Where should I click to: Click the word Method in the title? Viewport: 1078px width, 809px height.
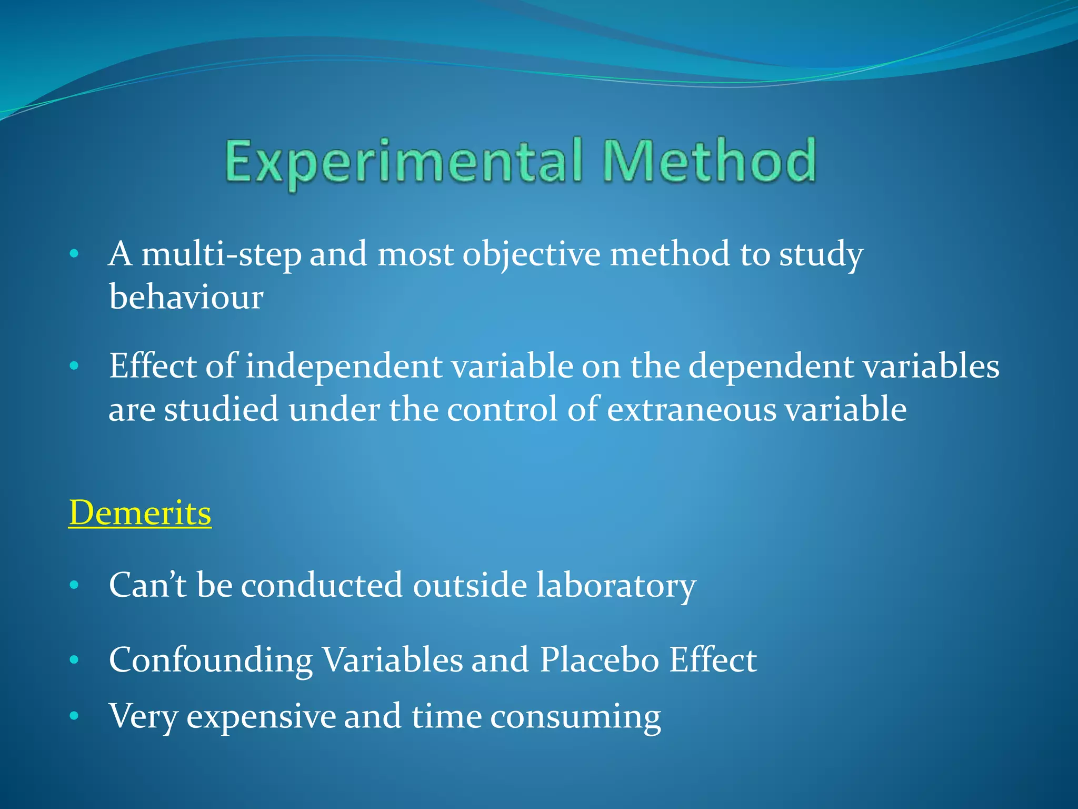pyautogui.click(x=709, y=161)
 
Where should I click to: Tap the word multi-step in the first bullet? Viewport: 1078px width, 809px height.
pyautogui.click(x=221, y=254)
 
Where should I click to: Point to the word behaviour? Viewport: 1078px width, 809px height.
pyautogui.click(x=186, y=297)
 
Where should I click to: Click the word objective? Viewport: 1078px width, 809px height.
pyautogui.click(x=531, y=254)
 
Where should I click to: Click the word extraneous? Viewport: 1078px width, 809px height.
pyautogui.click(x=692, y=409)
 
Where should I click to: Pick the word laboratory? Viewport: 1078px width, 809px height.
pyautogui.click(x=616, y=585)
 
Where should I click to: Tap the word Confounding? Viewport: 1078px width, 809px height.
pyautogui.click(x=211, y=660)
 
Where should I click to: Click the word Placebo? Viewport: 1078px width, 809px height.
pyautogui.click(x=600, y=660)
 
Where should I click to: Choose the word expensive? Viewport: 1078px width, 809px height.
pyautogui.click(x=261, y=717)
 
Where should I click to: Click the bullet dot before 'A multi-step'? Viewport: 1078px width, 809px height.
pyautogui.click(x=74, y=254)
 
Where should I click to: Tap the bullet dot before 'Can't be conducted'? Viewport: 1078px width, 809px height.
pyautogui.click(x=74, y=585)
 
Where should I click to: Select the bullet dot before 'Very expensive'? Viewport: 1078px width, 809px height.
pyautogui.click(x=74, y=716)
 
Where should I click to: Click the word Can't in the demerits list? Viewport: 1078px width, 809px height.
pyautogui.click(x=147, y=585)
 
